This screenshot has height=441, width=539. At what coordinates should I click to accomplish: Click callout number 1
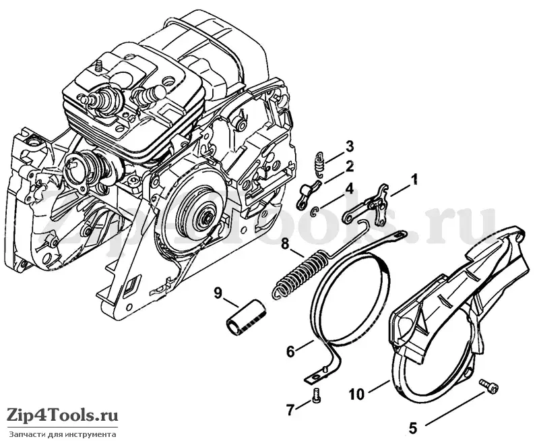click(414, 179)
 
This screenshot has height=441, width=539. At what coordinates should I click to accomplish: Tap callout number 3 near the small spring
click(349, 146)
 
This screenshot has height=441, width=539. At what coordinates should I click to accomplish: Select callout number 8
click(285, 245)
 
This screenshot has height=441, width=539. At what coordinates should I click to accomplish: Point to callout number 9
click(217, 293)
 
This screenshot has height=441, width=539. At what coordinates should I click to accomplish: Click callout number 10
click(357, 394)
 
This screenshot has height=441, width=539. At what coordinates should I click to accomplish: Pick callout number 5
click(413, 428)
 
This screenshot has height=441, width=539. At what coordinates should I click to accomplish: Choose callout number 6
click(291, 351)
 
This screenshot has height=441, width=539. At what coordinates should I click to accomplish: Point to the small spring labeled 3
click(321, 163)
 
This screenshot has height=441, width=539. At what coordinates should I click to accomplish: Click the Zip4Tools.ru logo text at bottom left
click(63, 415)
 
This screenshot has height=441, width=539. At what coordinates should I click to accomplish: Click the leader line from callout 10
click(377, 386)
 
